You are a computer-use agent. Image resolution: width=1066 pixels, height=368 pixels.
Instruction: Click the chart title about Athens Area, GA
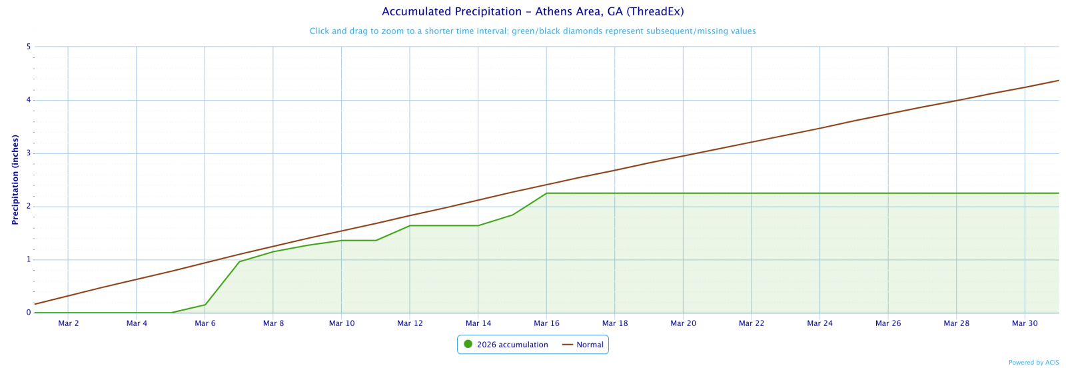532,12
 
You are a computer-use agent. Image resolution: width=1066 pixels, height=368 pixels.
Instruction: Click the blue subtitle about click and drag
532,31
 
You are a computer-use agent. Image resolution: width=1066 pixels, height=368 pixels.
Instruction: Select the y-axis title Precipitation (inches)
15,179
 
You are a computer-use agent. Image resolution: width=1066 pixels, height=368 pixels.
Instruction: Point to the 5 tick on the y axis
29,47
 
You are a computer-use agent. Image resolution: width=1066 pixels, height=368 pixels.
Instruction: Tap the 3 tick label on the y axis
29,153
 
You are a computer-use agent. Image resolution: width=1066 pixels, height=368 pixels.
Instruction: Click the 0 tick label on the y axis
29,313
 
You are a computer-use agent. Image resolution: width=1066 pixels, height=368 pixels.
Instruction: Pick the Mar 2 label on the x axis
69,324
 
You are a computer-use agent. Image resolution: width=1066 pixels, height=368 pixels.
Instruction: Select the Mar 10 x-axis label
342,324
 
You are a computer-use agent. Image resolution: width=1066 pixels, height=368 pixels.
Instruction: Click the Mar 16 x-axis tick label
546,324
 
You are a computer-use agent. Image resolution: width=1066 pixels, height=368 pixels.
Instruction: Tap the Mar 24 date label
819,324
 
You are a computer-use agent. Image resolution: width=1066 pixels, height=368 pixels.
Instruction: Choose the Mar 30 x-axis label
1025,324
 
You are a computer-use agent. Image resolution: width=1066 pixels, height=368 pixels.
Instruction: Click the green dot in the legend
468,345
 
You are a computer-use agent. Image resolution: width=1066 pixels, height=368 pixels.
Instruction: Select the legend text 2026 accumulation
512,345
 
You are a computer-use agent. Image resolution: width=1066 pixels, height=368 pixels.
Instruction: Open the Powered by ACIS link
1033,363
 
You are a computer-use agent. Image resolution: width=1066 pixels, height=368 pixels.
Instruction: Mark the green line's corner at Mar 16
546,193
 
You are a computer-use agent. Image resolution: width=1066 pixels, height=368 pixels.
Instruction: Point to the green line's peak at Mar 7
239,261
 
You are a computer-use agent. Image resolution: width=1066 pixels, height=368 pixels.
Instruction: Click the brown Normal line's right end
1059,81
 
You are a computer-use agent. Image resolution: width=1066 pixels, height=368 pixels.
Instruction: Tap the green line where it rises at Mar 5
171,313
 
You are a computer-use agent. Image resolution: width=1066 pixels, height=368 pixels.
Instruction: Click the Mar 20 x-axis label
683,324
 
